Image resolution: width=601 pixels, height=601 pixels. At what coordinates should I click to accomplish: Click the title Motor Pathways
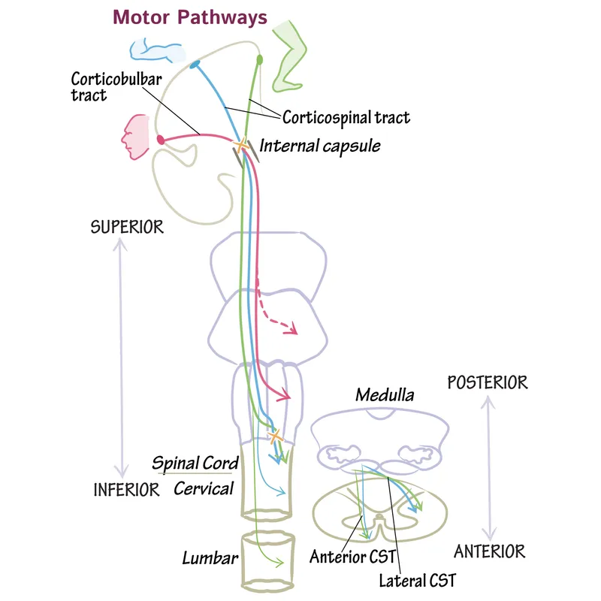189,17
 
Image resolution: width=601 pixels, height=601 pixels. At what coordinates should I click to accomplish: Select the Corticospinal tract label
346,117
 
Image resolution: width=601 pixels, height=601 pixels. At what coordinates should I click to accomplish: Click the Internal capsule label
319,145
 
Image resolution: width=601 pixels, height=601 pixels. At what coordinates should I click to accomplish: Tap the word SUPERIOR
126,227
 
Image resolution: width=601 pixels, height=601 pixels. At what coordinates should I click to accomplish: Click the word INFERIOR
126,490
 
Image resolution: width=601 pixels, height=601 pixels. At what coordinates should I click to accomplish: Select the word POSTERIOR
487,382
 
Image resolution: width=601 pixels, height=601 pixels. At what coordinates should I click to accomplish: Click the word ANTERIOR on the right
489,551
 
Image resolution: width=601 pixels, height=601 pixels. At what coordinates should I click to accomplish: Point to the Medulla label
385,395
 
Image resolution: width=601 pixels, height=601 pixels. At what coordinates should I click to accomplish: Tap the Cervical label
204,488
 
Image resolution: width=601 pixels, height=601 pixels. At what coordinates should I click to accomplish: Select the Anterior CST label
342,557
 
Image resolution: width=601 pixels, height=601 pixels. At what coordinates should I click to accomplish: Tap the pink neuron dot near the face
160,139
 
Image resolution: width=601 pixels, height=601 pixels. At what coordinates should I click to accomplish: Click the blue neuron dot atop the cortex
195,65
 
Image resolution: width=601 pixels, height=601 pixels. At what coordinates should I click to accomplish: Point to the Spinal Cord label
195,463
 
